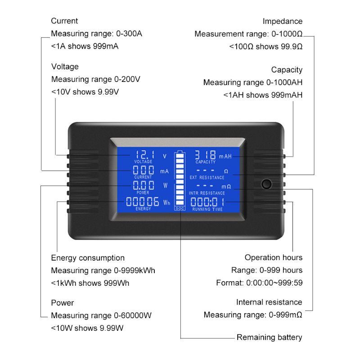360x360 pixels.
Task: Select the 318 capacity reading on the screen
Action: click(206, 154)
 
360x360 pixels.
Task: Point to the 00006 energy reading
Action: click(142, 201)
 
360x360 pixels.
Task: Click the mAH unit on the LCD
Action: click(225, 156)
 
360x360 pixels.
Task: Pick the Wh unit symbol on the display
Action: click(166, 203)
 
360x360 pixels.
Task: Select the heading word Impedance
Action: click(282, 21)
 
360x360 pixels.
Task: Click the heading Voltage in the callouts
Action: click(65, 67)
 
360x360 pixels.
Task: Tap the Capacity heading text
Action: click(287, 70)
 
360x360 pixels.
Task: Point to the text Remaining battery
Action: click(269, 337)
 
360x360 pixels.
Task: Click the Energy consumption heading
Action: click(88, 258)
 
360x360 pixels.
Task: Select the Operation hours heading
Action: click(273, 257)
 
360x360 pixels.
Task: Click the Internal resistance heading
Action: click(269, 302)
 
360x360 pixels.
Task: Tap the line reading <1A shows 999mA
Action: click(85, 46)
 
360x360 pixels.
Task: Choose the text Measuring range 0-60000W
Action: click(101, 315)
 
